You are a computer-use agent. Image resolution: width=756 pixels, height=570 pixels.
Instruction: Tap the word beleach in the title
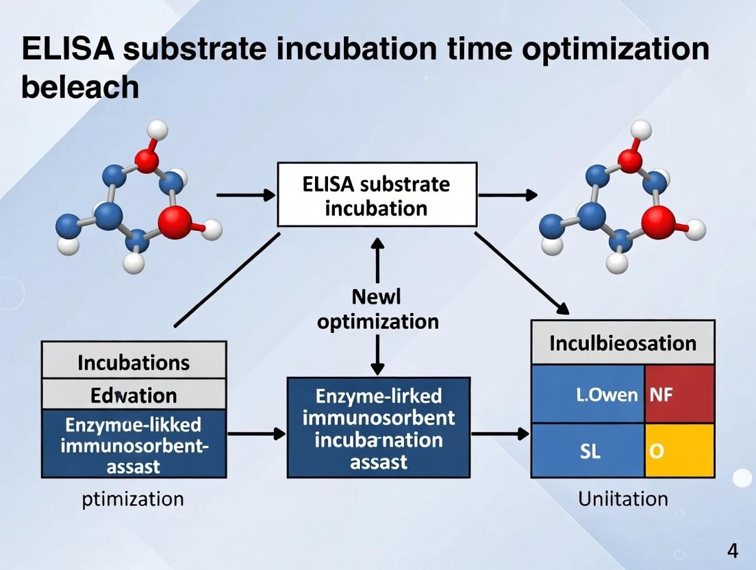click(80, 88)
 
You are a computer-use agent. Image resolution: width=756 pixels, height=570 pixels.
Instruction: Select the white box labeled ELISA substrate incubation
click(377, 195)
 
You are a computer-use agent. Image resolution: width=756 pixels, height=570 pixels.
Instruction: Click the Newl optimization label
click(377, 309)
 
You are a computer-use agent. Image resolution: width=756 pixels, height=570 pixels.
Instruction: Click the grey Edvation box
click(134, 395)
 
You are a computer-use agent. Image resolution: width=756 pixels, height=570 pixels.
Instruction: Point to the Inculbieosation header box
click(622, 343)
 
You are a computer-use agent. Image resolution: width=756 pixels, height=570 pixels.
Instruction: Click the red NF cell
click(679, 394)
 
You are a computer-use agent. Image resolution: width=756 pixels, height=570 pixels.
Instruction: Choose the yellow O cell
click(679, 451)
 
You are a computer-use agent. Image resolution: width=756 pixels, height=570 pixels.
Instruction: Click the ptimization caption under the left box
click(133, 498)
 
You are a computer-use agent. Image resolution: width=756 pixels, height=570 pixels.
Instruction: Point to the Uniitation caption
click(622, 498)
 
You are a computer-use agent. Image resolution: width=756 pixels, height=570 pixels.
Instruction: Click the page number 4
click(732, 551)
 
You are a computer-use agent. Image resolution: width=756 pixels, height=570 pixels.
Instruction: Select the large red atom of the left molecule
click(175, 222)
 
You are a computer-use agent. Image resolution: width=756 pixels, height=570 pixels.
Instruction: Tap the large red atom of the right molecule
click(658, 223)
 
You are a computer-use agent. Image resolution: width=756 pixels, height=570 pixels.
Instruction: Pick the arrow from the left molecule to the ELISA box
click(245, 195)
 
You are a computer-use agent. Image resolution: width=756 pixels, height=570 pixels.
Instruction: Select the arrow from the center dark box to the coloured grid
click(501, 434)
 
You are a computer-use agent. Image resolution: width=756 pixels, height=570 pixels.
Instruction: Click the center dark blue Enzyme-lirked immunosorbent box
click(378, 427)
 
